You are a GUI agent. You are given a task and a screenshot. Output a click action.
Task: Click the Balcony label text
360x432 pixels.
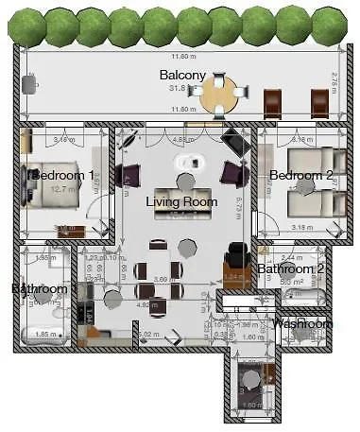pos(177,75)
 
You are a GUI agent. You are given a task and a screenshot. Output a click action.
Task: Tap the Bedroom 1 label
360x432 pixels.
pos(63,176)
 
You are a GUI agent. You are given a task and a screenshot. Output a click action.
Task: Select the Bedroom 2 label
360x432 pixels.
pos(300,176)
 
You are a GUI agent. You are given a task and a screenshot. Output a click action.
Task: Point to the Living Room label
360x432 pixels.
pos(181,202)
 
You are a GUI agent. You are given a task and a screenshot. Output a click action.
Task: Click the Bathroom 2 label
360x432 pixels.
pos(292,268)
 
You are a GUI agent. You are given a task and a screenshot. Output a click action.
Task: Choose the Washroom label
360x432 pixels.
pos(302,323)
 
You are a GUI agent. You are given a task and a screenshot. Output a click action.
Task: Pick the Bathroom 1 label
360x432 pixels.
pos(40,288)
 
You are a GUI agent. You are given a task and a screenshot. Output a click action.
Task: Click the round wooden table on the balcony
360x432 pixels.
pos(220,95)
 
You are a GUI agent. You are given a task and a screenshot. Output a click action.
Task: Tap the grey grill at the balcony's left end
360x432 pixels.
pos(29,84)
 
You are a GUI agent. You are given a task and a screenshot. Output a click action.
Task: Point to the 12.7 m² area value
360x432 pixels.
pos(62,189)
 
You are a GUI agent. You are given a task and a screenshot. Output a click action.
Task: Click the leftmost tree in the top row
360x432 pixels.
pos(26,26)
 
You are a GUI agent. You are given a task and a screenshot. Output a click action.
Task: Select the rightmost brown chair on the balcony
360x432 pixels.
pos(320,103)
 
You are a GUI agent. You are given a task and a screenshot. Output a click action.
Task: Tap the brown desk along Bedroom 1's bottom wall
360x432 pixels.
pos(71,231)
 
